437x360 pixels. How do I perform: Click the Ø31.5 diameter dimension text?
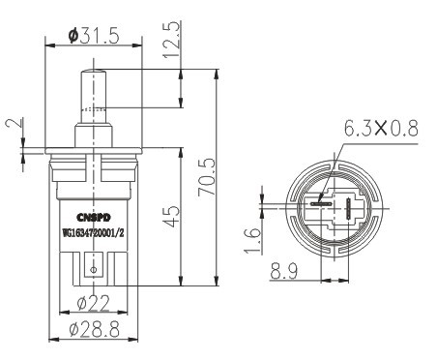tap(94, 36)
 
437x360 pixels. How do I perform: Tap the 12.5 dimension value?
tap(171, 40)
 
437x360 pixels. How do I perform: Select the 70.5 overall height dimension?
tap(207, 177)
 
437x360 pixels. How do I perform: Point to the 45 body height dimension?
tap(171, 216)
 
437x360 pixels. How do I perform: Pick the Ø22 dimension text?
tap(94, 303)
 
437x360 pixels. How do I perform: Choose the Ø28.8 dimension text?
tap(94, 329)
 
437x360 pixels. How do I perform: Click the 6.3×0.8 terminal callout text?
tap(381, 128)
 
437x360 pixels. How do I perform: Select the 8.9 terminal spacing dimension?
tap(284, 271)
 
